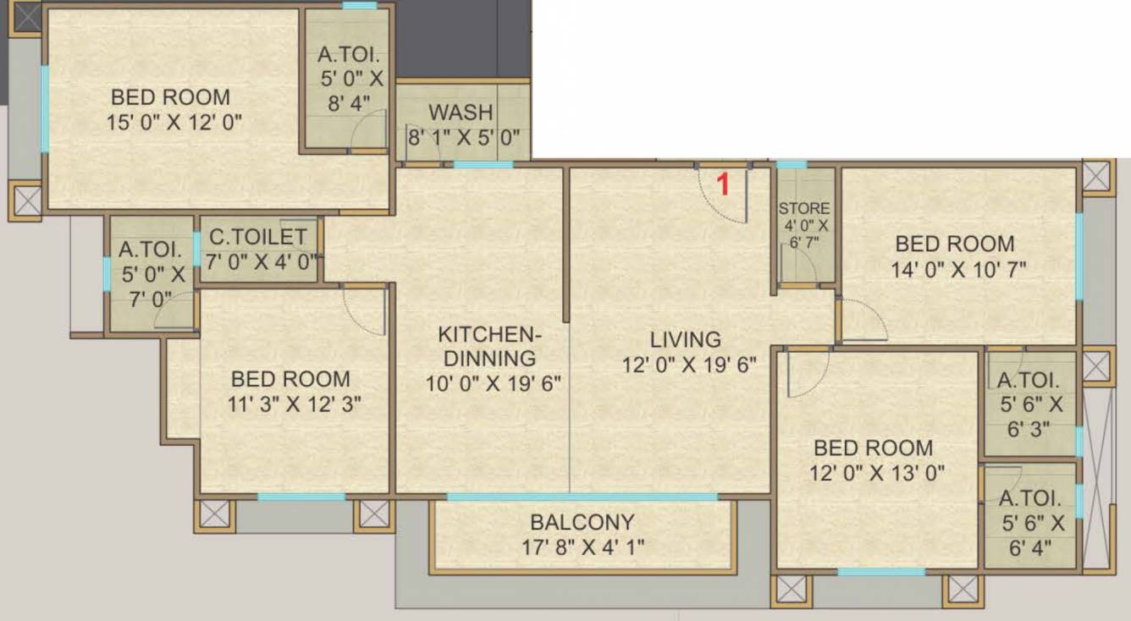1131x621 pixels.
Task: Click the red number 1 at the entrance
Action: pos(723,184)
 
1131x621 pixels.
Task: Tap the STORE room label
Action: pos(804,208)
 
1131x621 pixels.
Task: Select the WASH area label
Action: pos(461,113)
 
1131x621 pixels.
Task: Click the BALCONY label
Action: pos(582,522)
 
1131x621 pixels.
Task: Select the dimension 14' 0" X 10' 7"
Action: pos(955,270)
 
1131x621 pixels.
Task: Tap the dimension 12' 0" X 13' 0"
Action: pos(874,472)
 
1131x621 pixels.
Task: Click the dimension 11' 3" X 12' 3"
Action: pos(290,404)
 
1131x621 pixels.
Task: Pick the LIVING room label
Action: pos(686,339)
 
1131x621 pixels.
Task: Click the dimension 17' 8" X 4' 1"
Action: pos(583,547)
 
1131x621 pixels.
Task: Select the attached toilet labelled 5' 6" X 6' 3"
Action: pos(1028,404)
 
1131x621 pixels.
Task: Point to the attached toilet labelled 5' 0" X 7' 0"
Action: pos(152,274)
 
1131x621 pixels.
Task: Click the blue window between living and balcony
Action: pos(582,497)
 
